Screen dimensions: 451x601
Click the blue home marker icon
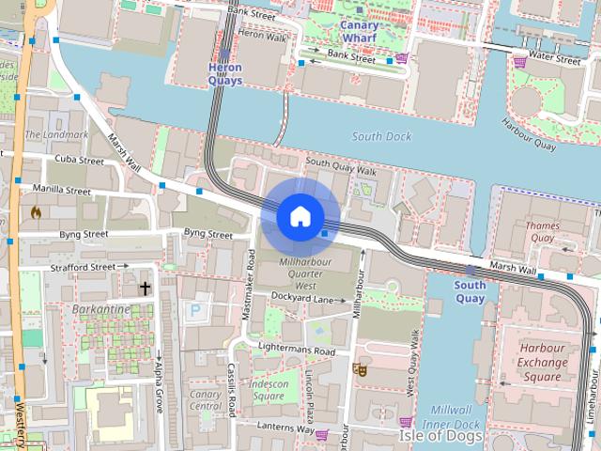pyautogui.click(x=300, y=216)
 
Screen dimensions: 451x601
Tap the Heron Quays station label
pyautogui.click(x=224, y=74)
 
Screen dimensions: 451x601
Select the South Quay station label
pyautogui.click(x=470, y=291)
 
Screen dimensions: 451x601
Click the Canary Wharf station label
pyautogui.click(x=360, y=32)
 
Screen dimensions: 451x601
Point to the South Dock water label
pyautogui.click(x=381, y=136)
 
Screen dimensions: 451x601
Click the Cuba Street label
pyautogui.click(x=78, y=160)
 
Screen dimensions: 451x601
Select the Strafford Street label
pyautogui.click(x=84, y=267)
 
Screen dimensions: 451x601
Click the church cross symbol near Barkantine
pyautogui.click(x=146, y=288)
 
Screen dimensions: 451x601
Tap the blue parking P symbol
pyautogui.click(x=194, y=309)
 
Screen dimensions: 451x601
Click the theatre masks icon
pyautogui.click(x=358, y=368)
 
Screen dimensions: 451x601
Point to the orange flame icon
pyautogui.click(x=36, y=212)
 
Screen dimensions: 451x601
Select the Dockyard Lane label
pyautogui.click(x=302, y=298)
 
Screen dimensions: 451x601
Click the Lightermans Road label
pyautogui.click(x=296, y=350)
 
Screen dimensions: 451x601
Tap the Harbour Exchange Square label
pyautogui.click(x=543, y=362)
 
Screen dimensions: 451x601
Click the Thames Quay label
pyautogui.click(x=542, y=232)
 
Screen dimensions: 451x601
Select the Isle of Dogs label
pyautogui.click(x=440, y=436)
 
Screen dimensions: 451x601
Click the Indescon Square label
pyautogui.click(x=268, y=390)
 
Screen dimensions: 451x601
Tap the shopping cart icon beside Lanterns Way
pyautogui.click(x=322, y=434)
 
